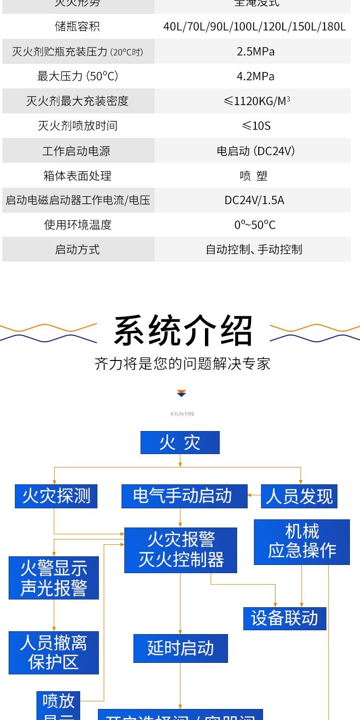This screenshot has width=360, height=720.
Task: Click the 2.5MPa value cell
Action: click(x=255, y=51)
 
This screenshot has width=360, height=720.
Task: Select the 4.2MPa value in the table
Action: click(x=255, y=76)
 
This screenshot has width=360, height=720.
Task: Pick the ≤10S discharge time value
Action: click(x=256, y=126)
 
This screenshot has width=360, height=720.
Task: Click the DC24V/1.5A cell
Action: click(x=254, y=200)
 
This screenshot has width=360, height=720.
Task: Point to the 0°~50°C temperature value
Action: click(x=254, y=225)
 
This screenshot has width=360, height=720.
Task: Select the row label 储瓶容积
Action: click(x=77, y=26)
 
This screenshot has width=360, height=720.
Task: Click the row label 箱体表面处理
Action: click(x=77, y=176)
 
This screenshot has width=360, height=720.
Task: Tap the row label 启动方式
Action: click(x=77, y=250)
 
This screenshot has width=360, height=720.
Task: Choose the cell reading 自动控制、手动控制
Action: click(x=254, y=250)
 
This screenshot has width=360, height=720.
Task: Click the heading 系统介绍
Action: click(x=183, y=331)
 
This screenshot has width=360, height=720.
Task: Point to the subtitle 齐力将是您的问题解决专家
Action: click(x=182, y=363)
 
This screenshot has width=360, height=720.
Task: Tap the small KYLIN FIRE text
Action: click(x=182, y=414)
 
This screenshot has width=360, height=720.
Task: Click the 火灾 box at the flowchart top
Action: click(x=180, y=443)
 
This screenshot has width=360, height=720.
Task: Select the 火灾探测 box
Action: click(x=56, y=496)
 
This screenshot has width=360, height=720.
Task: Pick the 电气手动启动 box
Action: click(x=184, y=496)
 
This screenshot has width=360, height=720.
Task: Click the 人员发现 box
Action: click(x=299, y=496)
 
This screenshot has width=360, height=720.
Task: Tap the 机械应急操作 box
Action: click(x=302, y=542)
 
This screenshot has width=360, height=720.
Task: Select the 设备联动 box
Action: click(x=285, y=619)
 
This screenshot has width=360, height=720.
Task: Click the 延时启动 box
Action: click(x=180, y=648)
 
